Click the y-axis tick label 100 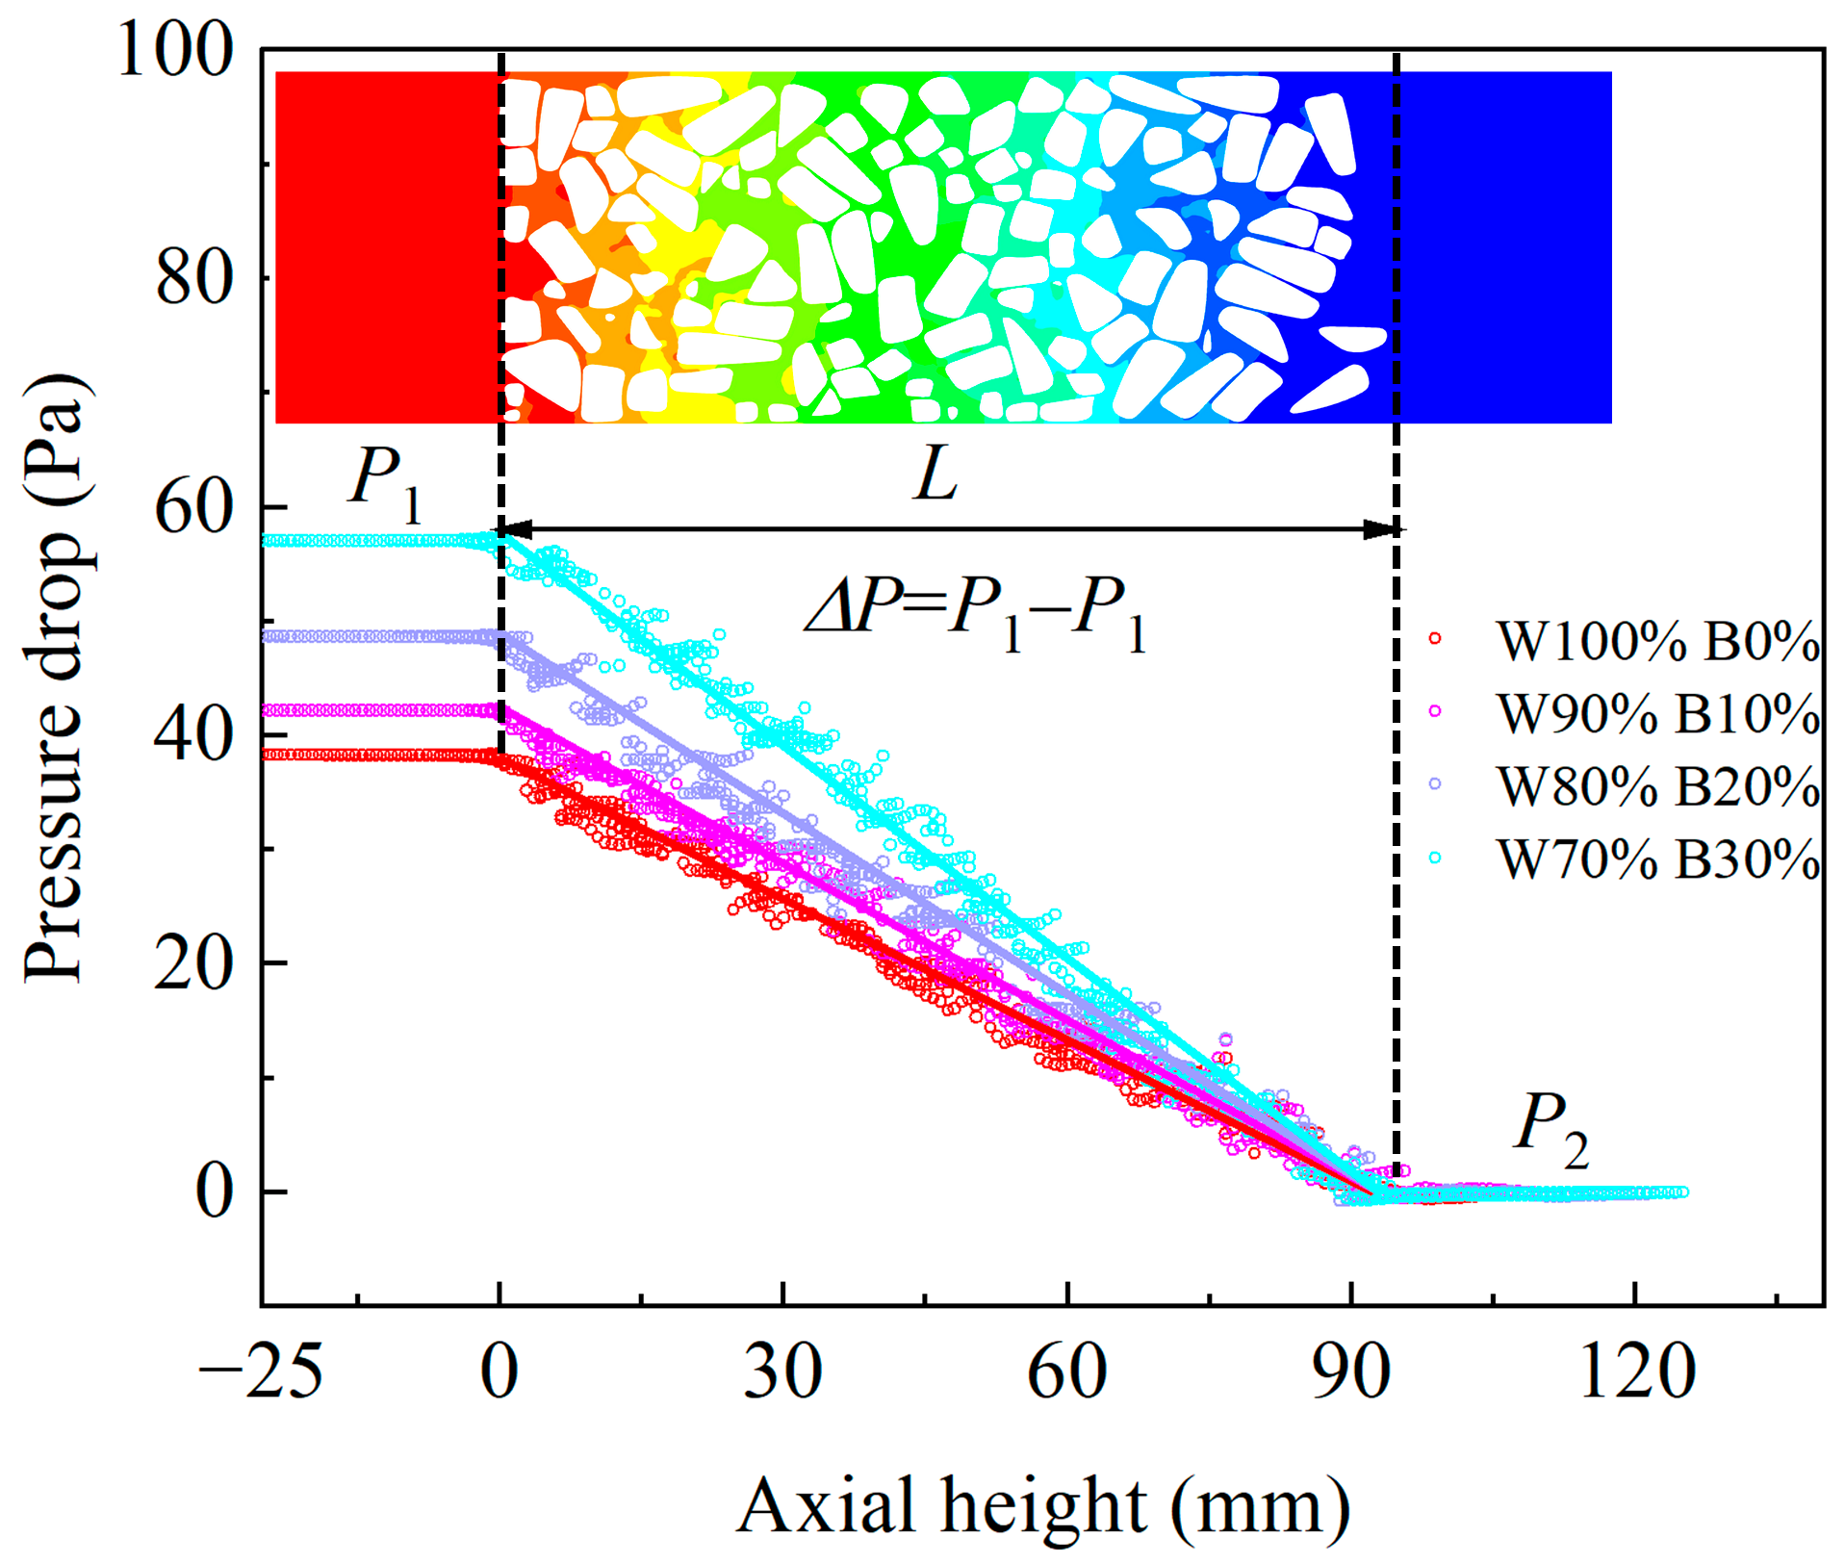pyautogui.click(x=175, y=50)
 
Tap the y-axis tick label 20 pyautogui.click(x=194, y=962)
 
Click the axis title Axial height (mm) pyautogui.click(x=1043, y=1506)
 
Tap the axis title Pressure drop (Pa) pyautogui.click(x=58, y=679)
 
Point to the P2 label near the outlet pyautogui.click(x=1550, y=1128)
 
